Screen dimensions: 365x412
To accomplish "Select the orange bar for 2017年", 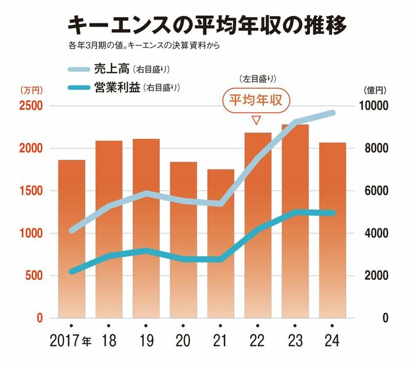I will click(71, 240).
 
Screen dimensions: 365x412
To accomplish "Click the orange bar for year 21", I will click(220, 246).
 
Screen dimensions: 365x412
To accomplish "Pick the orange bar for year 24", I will click(332, 234).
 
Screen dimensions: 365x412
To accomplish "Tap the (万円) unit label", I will click(30, 90).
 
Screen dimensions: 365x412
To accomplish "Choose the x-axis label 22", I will click(257, 340).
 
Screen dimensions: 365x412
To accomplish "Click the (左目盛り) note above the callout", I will click(256, 79).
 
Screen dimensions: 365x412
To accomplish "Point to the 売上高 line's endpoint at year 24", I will click(332, 113).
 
